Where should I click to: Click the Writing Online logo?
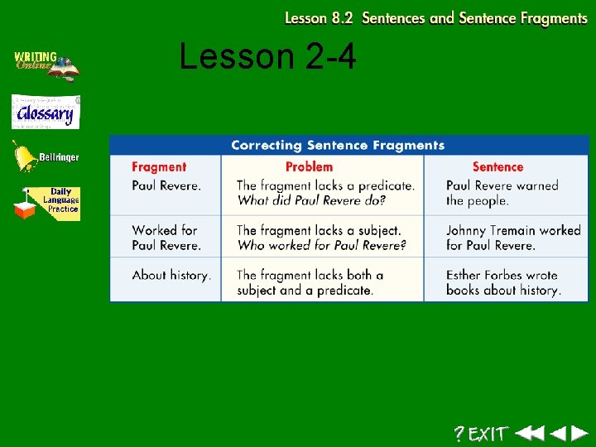46,65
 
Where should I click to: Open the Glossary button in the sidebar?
46,113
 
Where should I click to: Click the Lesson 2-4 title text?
267,57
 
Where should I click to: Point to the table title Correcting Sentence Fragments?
338,146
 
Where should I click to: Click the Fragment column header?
159,167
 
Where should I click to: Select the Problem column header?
309,167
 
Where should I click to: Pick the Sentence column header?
497,167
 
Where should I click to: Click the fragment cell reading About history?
171,275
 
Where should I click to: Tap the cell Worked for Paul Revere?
166,238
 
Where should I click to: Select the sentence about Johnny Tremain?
513,238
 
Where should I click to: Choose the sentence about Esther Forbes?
503,282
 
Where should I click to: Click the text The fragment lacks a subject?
319,230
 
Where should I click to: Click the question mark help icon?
459,433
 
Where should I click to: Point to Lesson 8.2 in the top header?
319,18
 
